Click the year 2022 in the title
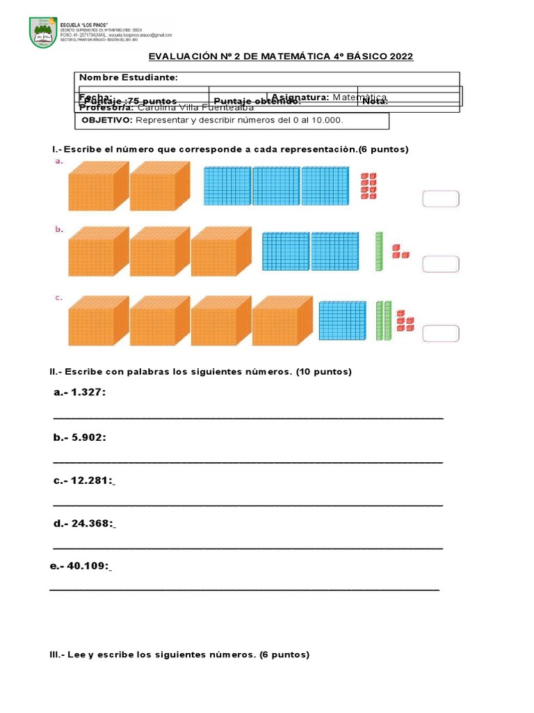399,56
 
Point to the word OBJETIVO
106,120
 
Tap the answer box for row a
440,199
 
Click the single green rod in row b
379,251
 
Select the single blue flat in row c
342,321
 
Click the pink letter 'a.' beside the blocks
59,161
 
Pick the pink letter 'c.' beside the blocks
59,297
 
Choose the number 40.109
88,566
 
